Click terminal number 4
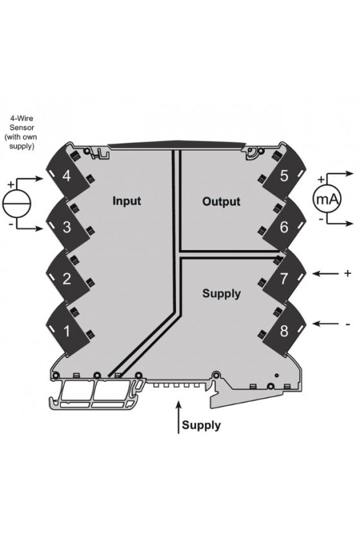[66, 175]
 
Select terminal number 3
[66, 227]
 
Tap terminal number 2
[66, 278]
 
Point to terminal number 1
[67, 331]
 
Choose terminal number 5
[284, 175]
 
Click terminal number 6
[284, 227]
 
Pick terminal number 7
[284, 278]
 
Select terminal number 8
[284, 331]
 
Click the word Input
[127, 201]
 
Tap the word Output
[221, 201]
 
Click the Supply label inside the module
[222, 294]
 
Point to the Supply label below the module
[201, 426]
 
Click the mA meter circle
[327, 199]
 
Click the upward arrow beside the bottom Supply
[178, 417]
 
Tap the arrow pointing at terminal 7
[325, 274]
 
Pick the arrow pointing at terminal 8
[325, 324]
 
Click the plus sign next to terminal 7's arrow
[348, 273]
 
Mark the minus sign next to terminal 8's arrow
[348, 325]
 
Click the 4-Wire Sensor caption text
[21, 132]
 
